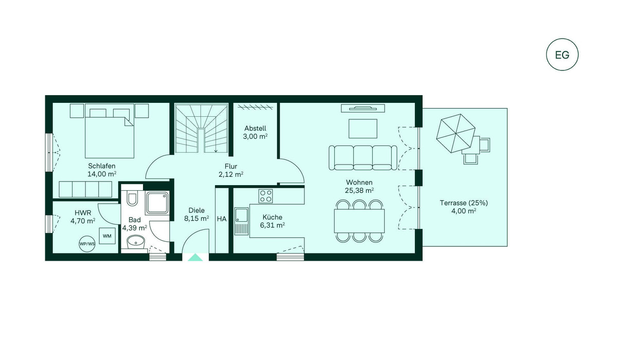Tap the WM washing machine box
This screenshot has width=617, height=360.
(x=107, y=236)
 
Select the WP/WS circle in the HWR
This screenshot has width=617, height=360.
(x=87, y=244)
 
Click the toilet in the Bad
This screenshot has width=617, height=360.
(x=132, y=199)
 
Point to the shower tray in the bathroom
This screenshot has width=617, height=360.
(x=157, y=203)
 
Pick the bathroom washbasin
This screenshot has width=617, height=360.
(x=136, y=242)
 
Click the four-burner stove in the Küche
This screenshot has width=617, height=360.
(x=265, y=196)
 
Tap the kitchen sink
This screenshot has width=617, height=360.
(x=241, y=221)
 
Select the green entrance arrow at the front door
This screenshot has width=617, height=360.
(x=195, y=257)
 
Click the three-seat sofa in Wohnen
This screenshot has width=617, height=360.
(x=363, y=158)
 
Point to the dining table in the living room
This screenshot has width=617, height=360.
(x=359, y=221)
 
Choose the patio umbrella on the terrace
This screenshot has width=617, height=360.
(x=456, y=133)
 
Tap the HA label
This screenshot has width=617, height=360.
(x=222, y=219)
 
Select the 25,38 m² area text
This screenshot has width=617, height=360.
(x=359, y=190)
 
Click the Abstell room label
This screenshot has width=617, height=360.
(x=256, y=129)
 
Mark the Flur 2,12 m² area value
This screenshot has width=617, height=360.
(x=231, y=174)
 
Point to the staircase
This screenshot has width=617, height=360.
(x=202, y=128)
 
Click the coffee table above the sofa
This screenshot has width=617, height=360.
(x=363, y=129)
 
